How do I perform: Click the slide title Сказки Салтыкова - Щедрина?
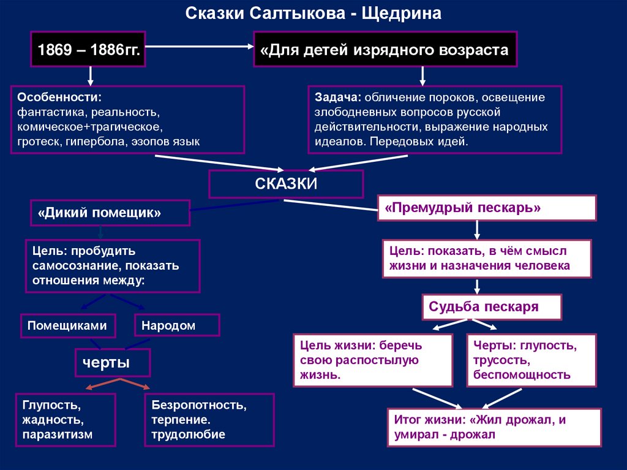tap(313, 14)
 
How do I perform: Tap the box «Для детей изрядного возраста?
tap(385, 50)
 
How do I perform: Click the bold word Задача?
tap(339, 98)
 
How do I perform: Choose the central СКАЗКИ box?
tap(286, 184)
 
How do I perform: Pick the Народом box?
tap(176, 325)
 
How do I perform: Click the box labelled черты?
tap(111, 362)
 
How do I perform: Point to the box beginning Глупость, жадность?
tap(66, 420)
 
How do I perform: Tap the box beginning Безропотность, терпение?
tap(209, 420)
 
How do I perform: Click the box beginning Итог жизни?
tap(494, 427)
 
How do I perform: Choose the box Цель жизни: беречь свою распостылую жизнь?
tap(372, 360)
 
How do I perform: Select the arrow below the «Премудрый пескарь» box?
tap(478, 229)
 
